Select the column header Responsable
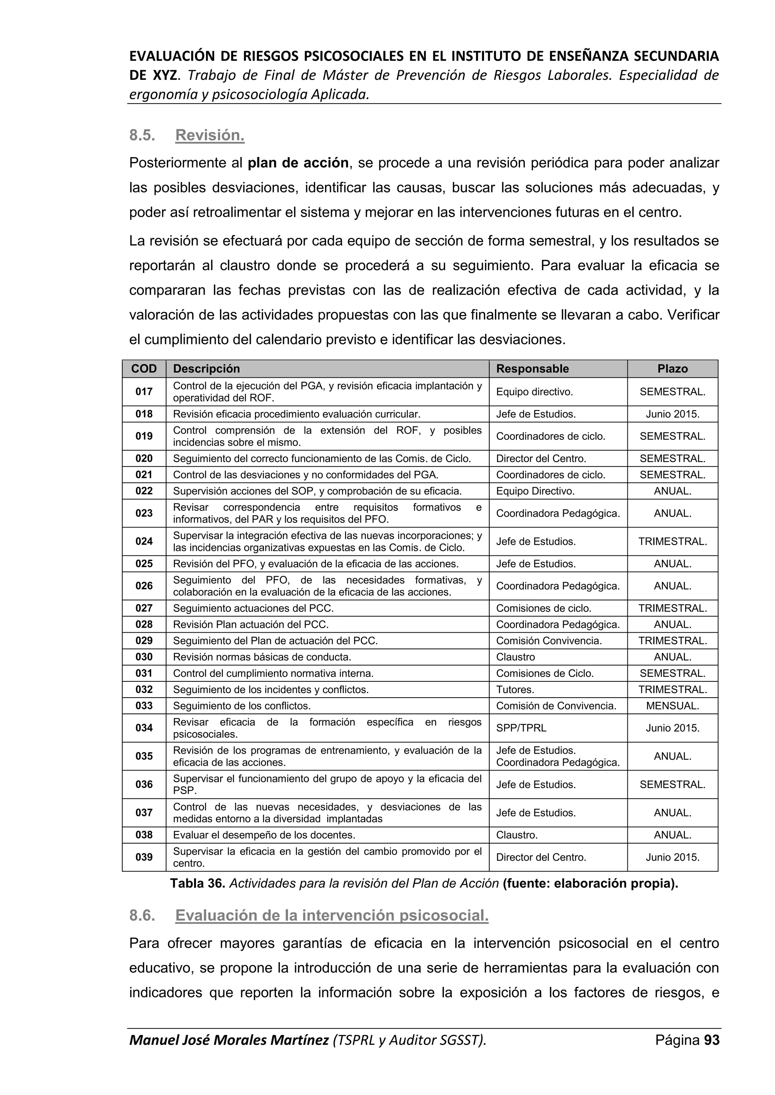[x=532, y=369]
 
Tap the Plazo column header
[x=672, y=369]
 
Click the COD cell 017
[x=144, y=392]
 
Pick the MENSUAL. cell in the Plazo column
[x=672, y=706]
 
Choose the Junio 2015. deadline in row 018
[x=672, y=414]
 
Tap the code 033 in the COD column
[x=144, y=706]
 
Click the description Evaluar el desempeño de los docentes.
[x=264, y=835]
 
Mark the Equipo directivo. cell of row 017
[x=534, y=392]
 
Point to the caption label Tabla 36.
[x=198, y=884]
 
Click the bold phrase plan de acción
[x=298, y=163]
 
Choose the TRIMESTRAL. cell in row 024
[x=672, y=542]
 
